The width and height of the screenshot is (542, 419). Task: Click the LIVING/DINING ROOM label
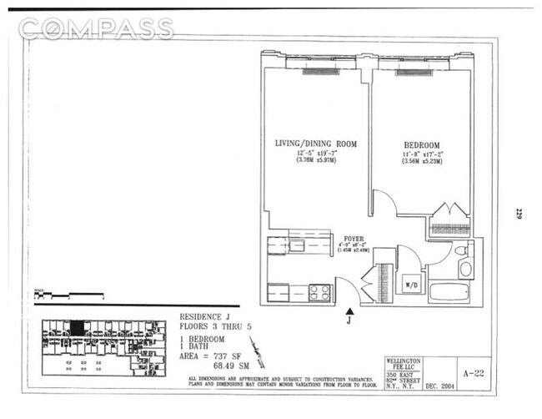point(316,144)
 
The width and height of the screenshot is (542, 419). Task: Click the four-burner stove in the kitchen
point(320,293)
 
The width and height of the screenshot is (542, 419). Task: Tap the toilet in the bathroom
point(465,267)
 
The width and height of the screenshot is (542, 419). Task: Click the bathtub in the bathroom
point(453,292)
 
